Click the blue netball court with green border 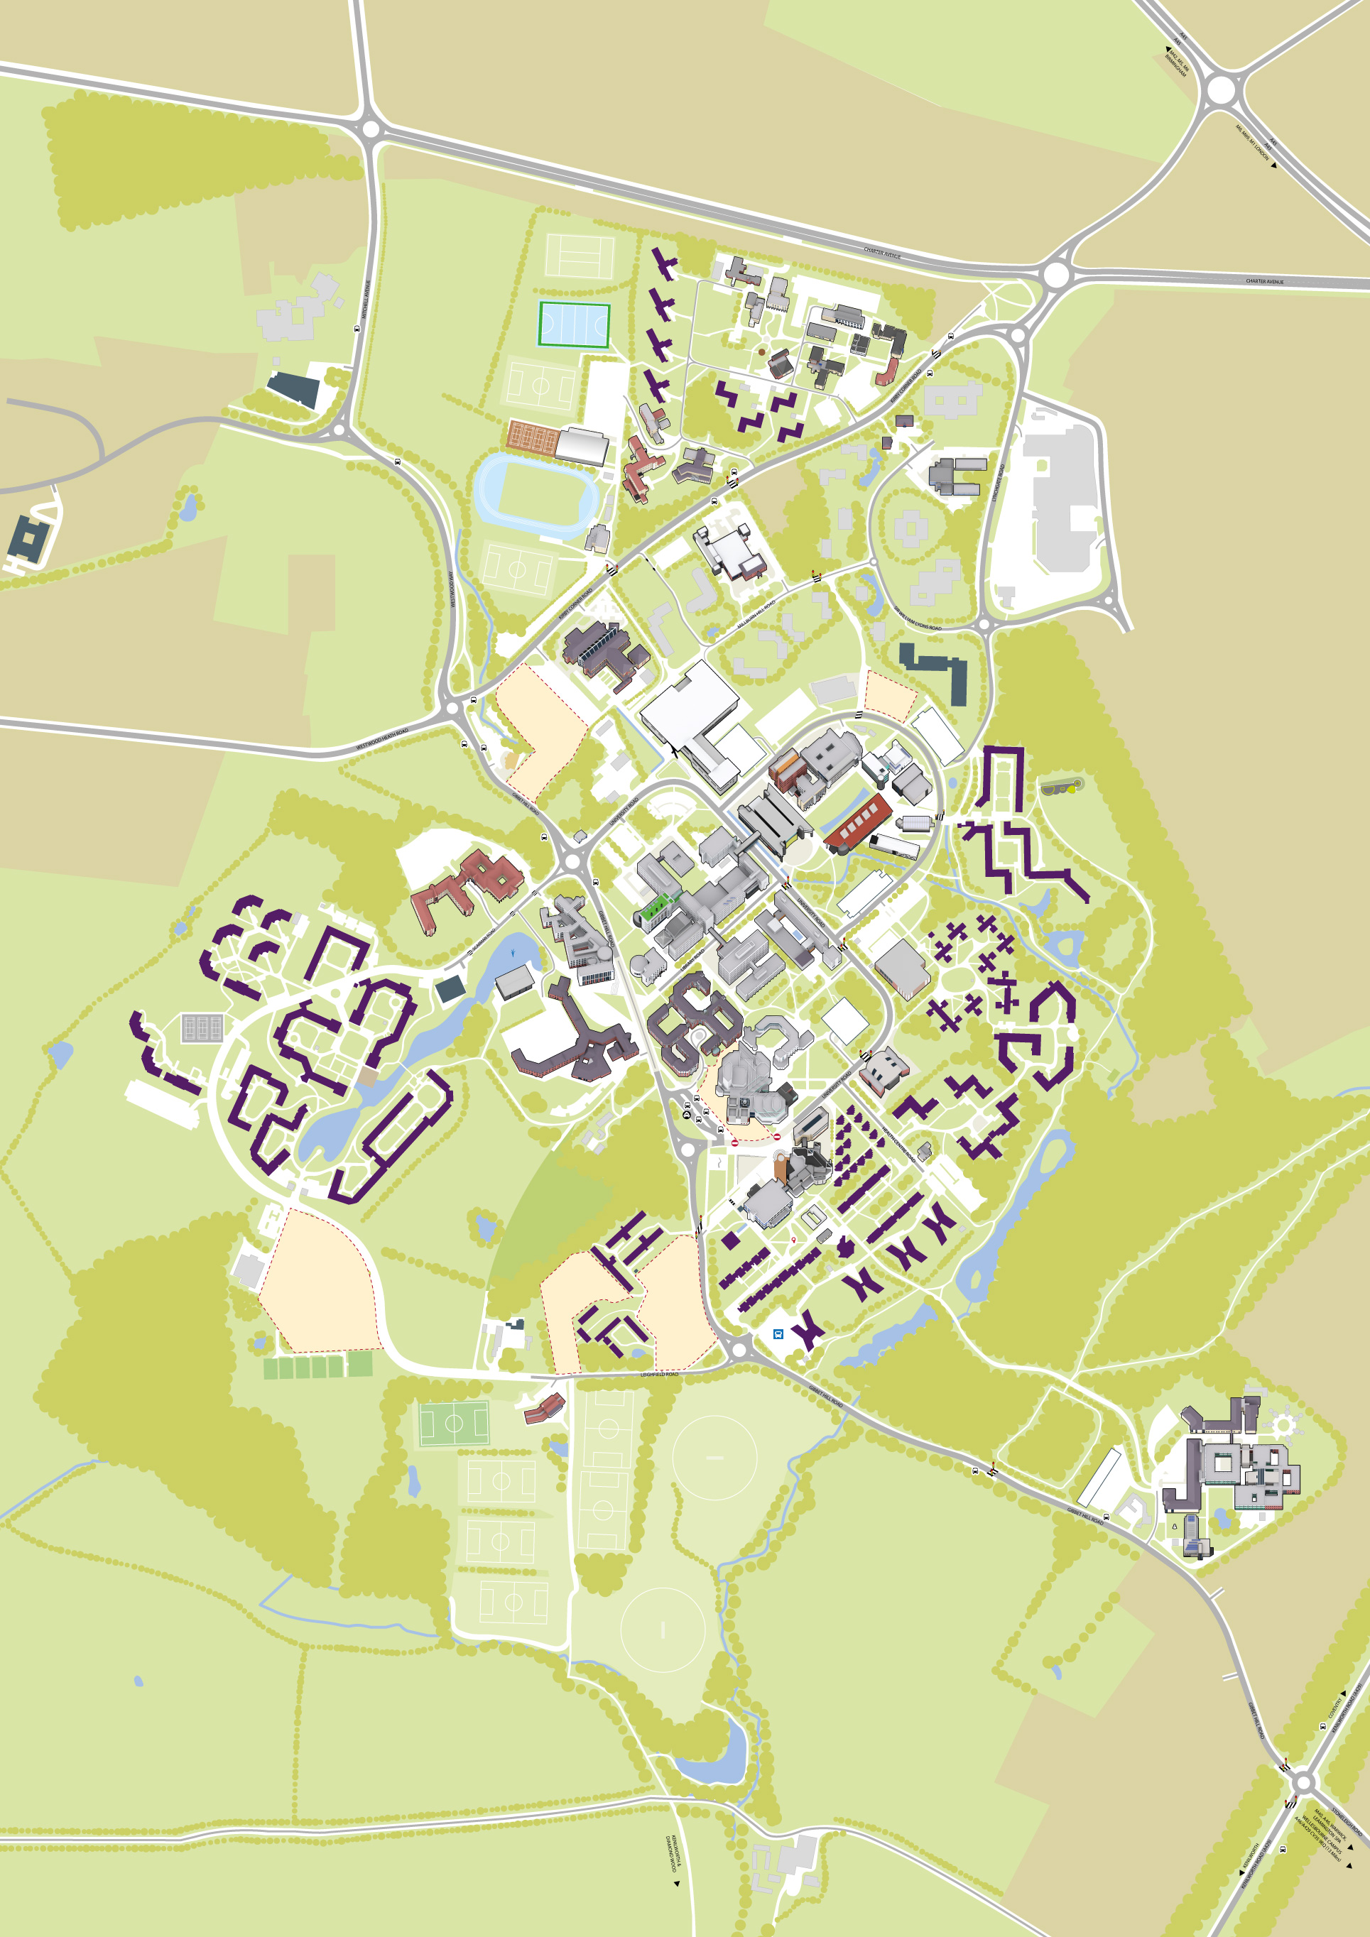574,324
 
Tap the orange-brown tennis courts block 533,437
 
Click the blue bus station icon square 778,1333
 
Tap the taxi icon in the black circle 687,1113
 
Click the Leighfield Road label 659,1375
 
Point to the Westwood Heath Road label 381,738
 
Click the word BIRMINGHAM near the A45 1175,68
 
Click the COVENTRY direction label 1334,1707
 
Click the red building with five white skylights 858,821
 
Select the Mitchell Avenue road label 365,300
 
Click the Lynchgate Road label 997,485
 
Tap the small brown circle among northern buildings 762,351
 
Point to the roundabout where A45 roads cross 1220,89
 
